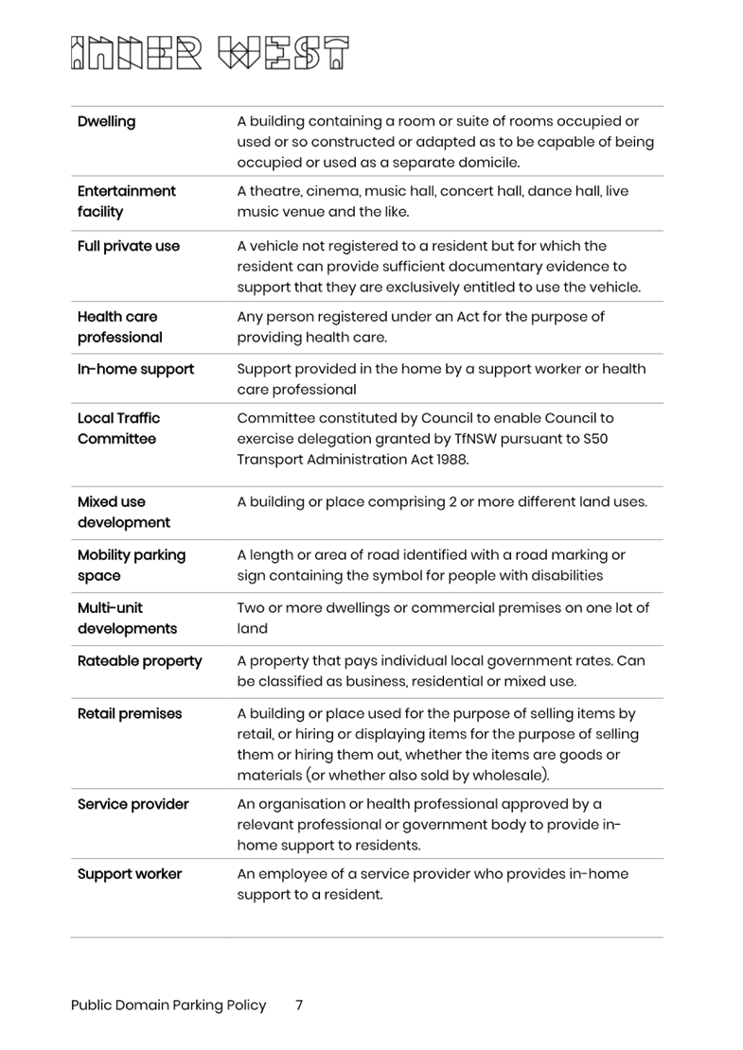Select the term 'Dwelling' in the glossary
pyautogui.click(x=106, y=121)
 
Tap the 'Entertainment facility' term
pyautogui.click(x=126, y=201)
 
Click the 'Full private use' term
pyautogui.click(x=128, y=246)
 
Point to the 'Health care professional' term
pyautogui.click(x=119, y=327)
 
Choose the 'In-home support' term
pyautogui.click(x=135, y=369)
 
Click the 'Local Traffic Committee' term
pyautogui.click(x=118, y=429)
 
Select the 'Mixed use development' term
pyautogui.click(x=123, y=512)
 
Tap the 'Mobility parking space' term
pyautogui.click(x=131, y=565)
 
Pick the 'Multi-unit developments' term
pyautogui.click(x=127, y=618)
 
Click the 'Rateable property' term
pyautogui.click(x=139, y=660)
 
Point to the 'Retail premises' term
pyautogui.click(x=129, y=713)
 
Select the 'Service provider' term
pyautogui.click(x=133, y=804)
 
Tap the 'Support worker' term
pyautogui.click(x=129, y=874)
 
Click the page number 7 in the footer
pyautogui.click(x=298, y=1006)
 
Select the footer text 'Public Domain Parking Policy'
pyautogui.click(x=168, y=1006)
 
